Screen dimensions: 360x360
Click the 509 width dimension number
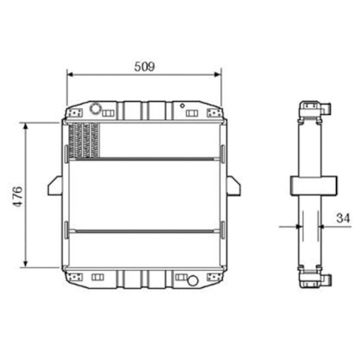coord(145,67)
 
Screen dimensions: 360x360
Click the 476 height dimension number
coord(18,196)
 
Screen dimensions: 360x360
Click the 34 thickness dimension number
coord(343,218)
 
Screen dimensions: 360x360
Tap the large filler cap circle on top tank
coord(95,109)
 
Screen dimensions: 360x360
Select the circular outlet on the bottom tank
coord(193,280)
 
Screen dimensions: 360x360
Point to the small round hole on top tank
coord(183,105)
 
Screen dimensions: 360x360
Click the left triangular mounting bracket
coord(55,185)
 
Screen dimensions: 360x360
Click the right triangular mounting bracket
coord(234,185)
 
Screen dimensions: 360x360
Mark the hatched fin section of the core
coord(84,141)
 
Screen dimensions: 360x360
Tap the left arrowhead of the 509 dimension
coord(70,75)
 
